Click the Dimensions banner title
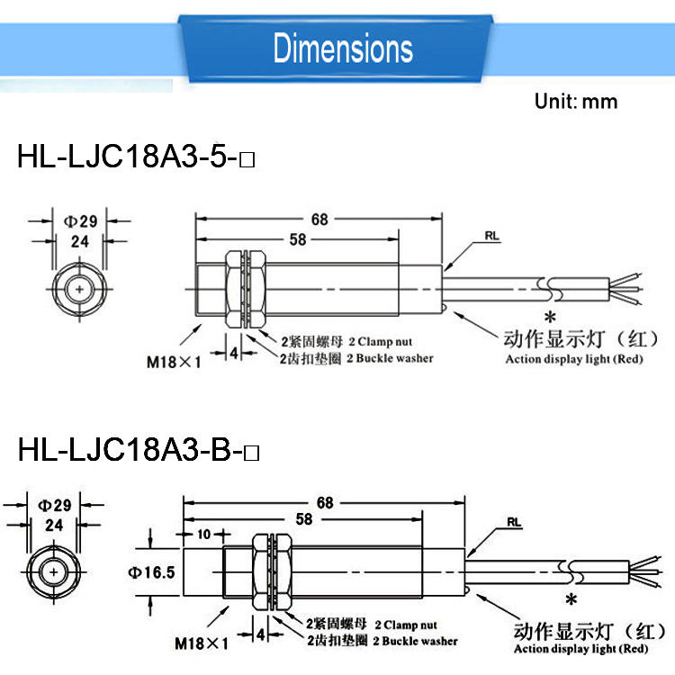(343, 48)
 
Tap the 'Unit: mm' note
(576, 102)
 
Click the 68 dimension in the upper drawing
(319, 220)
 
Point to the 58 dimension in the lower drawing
(304, 519)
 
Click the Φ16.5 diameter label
(151, 572)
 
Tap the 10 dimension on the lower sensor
(203, 535)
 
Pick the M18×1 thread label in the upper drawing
(174, 362)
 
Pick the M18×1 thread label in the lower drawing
(202, 643)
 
